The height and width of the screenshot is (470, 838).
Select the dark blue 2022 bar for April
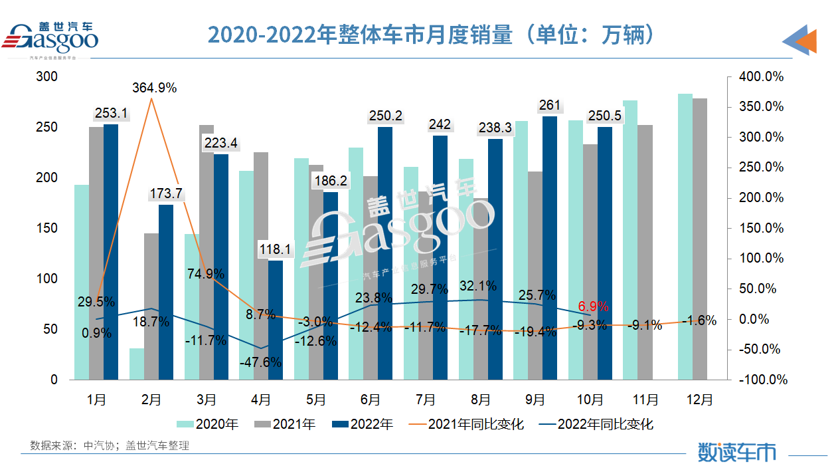(275, 319)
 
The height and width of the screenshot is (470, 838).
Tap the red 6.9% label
(593, 306)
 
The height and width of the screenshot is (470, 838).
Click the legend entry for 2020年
(207, 424)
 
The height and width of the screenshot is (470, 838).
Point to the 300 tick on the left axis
(46, 77)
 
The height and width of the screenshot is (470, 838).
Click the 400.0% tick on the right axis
(761, 77)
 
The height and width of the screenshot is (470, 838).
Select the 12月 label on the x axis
(699, 400)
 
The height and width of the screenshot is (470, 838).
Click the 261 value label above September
(550, 105)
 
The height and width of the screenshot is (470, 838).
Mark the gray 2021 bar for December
(700, 239)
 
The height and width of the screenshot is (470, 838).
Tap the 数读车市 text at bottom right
(736, 452)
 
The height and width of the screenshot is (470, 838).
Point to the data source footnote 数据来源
(110, 445)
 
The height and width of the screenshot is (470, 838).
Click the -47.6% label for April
(261, 363)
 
